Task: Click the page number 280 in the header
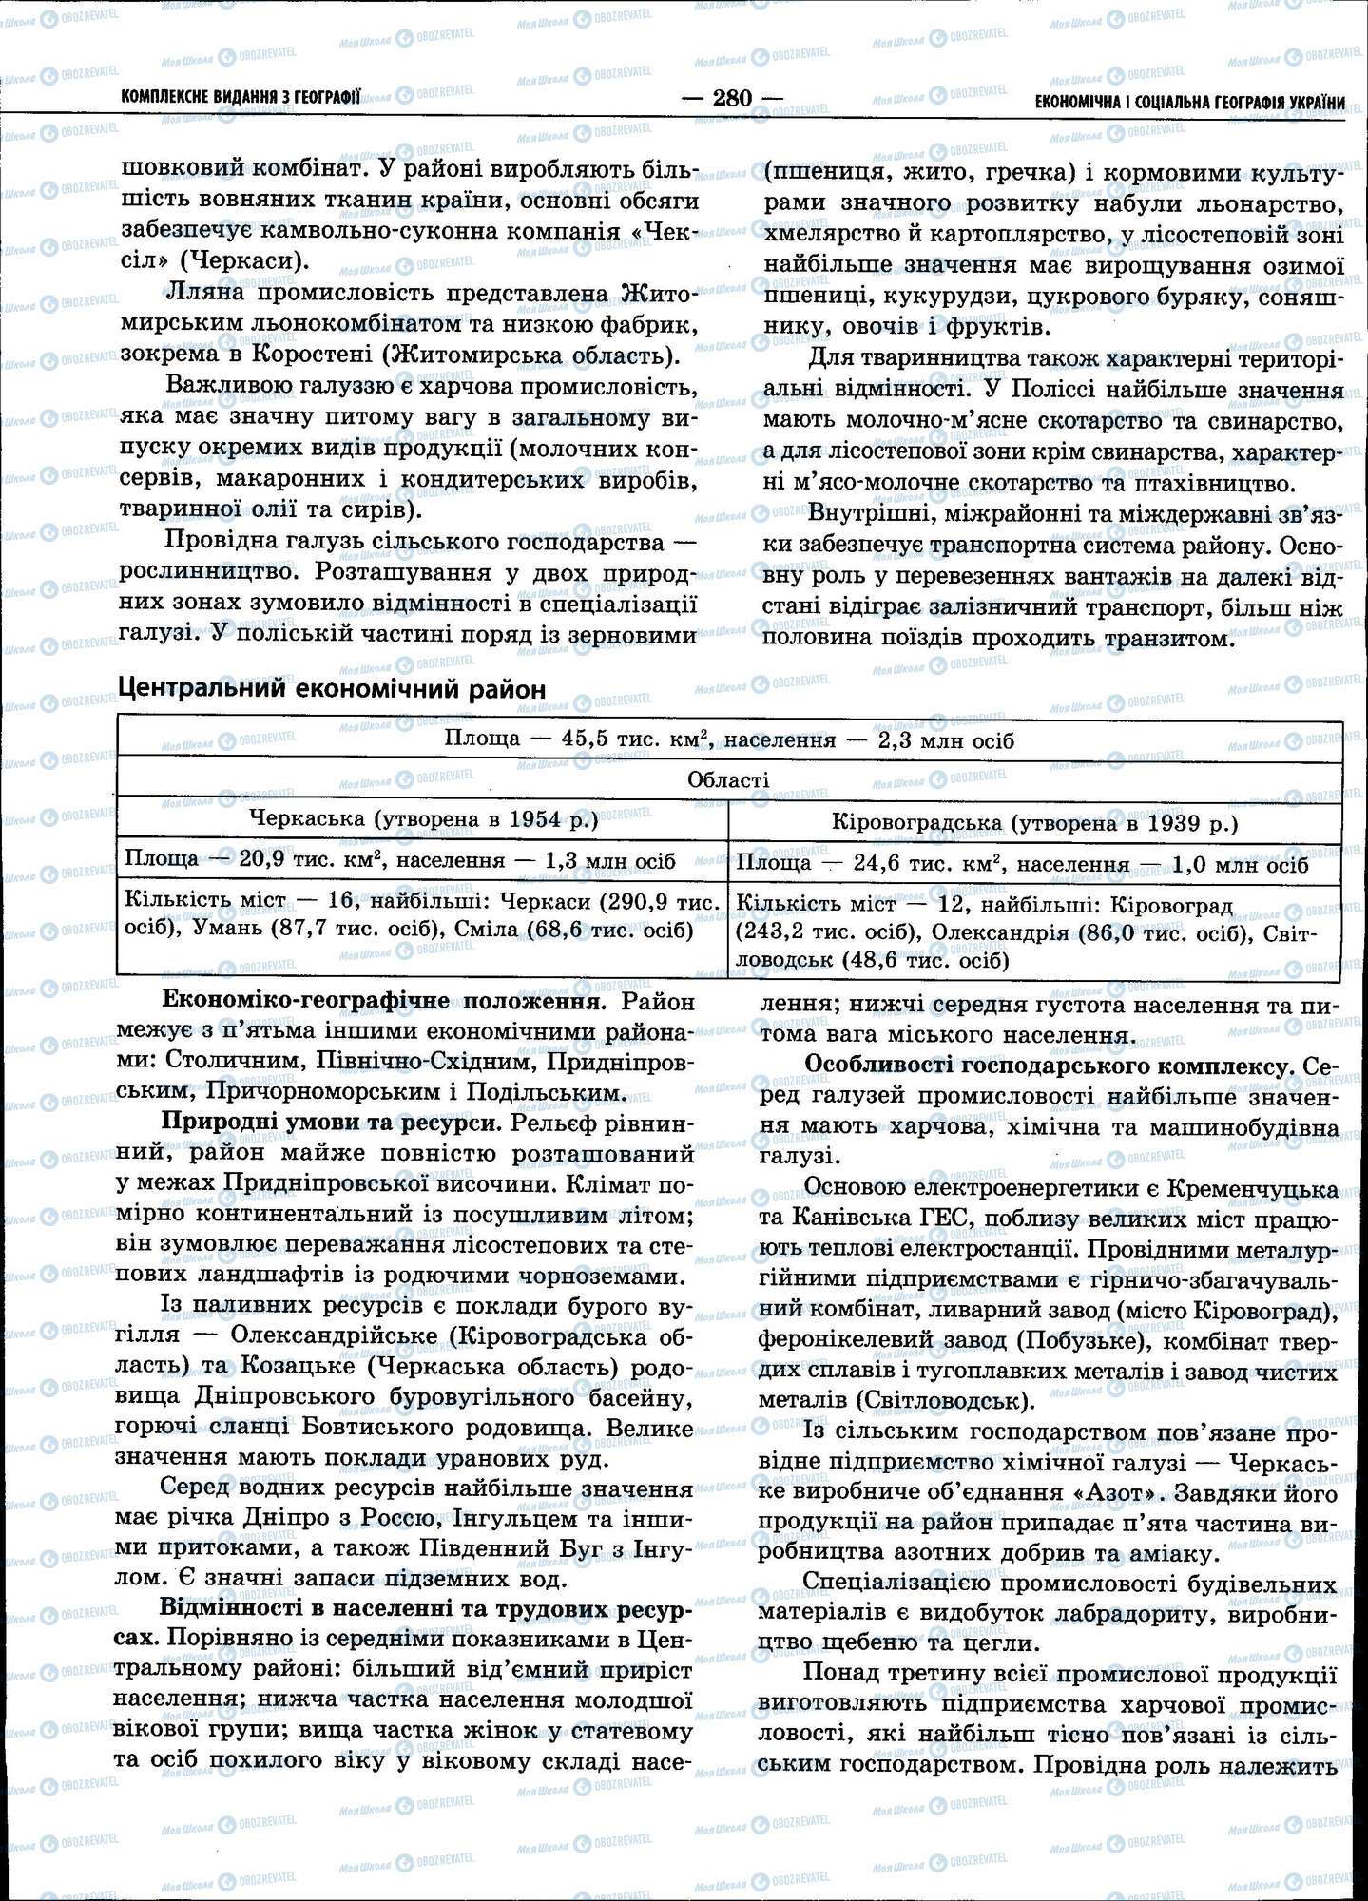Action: click(x=732, y=98)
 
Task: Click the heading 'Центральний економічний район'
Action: click(x=331, y=688)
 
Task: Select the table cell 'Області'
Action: click(x=728, y=779)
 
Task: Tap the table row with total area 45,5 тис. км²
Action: click(x=728, y=740)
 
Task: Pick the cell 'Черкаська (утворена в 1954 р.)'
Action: click(x=422, y=819)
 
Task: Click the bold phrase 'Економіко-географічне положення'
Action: click(x=381, y=1001)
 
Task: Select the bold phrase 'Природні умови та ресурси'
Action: click(x=331, y=1123)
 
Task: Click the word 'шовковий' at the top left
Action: click(x=180, y=169)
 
